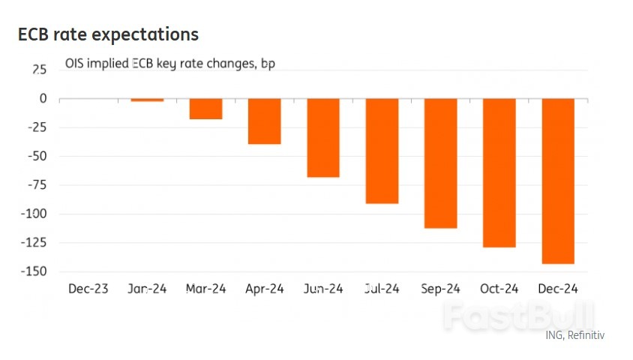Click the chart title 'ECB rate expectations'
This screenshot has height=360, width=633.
coord(108,34)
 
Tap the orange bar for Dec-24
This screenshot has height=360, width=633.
coord(558,181)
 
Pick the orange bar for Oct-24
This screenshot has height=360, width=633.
coord(499,172)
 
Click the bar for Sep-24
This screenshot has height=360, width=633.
coord(441,163)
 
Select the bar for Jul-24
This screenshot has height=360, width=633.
coord(382,151)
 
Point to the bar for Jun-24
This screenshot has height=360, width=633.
coord(323,138)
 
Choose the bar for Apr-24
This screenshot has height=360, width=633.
coord(264,121)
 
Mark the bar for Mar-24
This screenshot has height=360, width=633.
coord(205,109)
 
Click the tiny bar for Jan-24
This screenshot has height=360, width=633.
coord(147,100)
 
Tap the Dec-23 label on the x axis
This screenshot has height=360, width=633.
coord(88,289)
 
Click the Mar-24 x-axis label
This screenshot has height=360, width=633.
coord(205,289)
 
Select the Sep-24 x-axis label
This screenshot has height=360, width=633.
coord(441,289)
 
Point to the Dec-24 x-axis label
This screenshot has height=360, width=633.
coord(558,289)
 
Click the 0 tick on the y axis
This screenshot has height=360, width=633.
coord(43,99)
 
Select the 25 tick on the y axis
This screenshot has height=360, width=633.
coord(39,70)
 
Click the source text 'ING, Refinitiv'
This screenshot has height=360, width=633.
coord(574,335)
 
